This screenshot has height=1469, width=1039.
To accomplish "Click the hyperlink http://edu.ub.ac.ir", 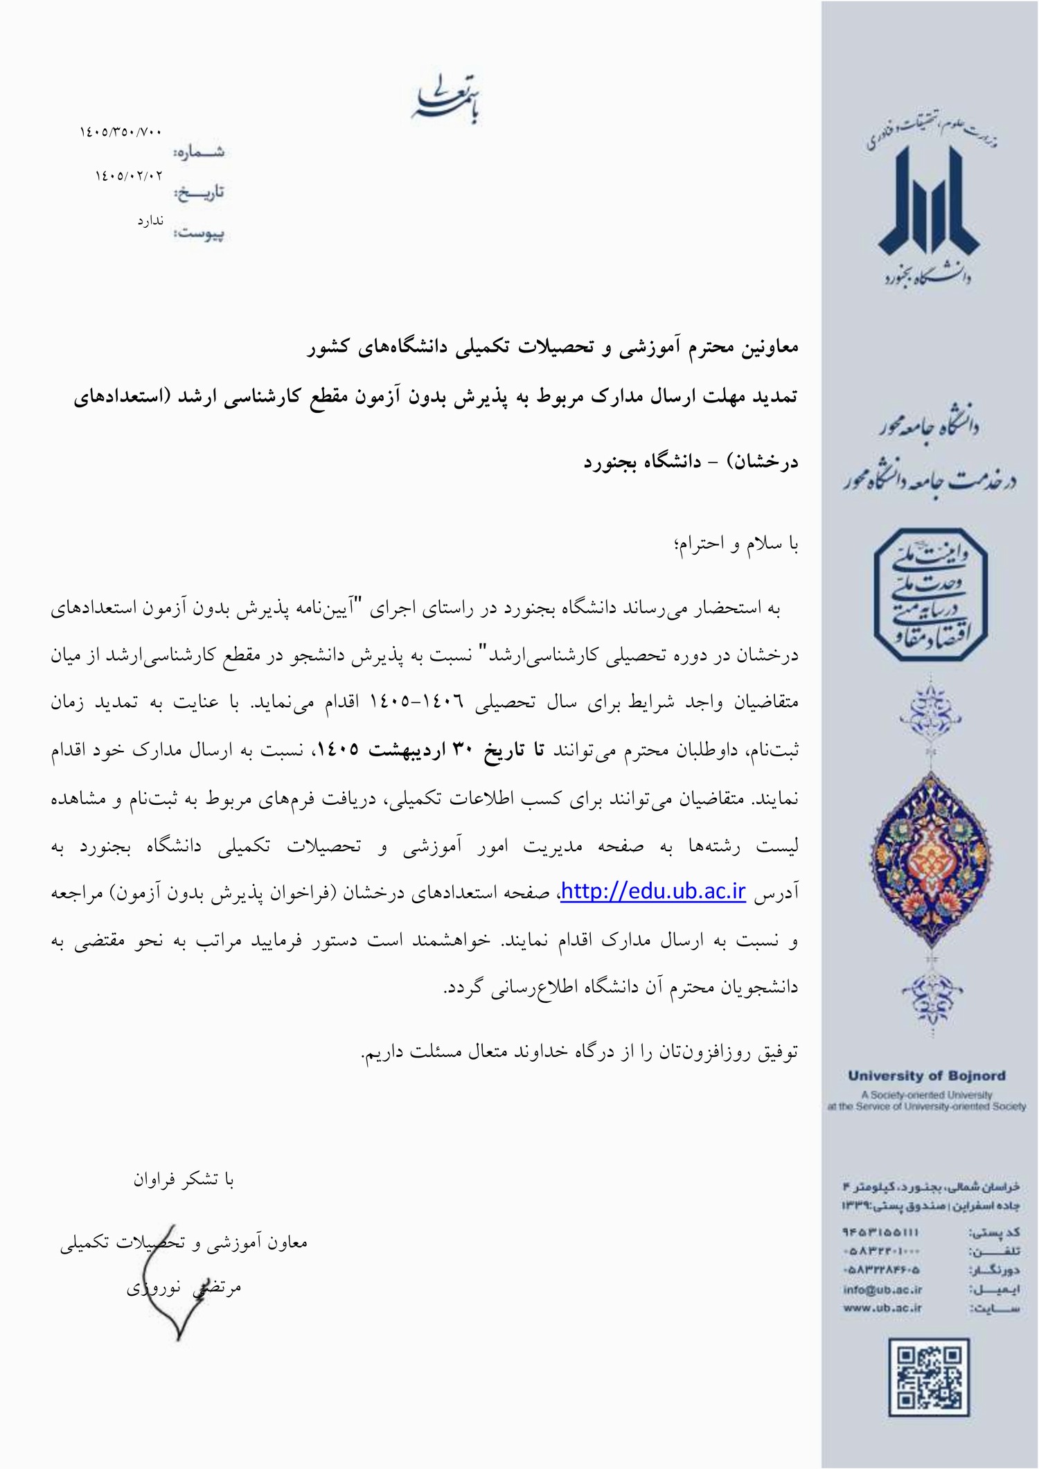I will tap(652, 891).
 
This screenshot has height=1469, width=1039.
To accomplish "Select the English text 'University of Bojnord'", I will tap(926, 1076).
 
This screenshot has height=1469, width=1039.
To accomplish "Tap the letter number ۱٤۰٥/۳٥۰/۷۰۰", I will tap(120, 132).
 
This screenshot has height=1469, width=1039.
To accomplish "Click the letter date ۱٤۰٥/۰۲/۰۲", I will tap(129, 176).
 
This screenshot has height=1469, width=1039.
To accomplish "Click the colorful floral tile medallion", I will tap(928, 849).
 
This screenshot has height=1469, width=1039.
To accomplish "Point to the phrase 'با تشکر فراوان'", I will tap(184, 1179).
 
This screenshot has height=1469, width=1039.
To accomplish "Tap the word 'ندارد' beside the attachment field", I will tap(150, 221).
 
